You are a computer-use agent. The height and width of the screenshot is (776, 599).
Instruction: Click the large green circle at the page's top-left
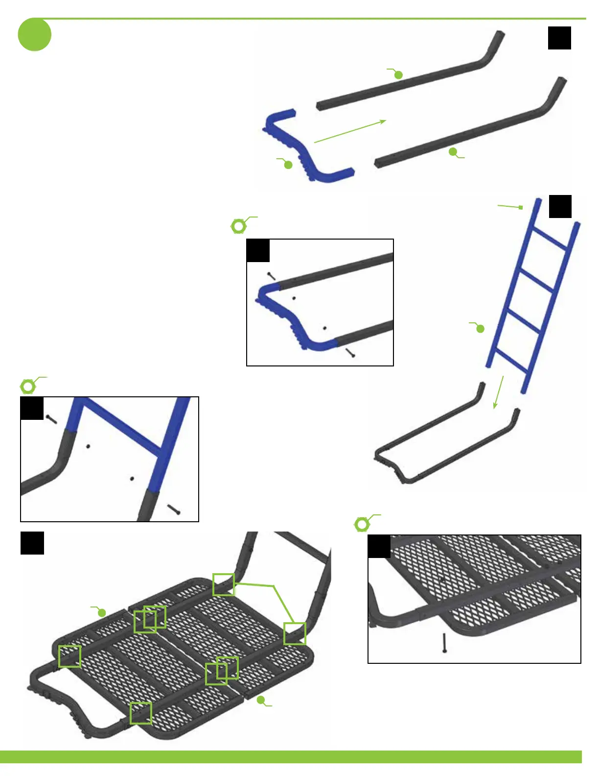34,34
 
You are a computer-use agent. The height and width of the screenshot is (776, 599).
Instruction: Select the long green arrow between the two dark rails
350,131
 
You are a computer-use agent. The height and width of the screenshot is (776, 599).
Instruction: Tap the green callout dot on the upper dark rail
398,75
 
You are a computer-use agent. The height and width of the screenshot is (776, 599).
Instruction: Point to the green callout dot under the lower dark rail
453,152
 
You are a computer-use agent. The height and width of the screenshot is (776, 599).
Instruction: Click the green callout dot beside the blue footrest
288,165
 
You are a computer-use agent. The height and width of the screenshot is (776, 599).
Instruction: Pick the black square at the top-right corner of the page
559,38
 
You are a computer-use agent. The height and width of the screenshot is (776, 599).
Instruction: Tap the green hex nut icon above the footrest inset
238,226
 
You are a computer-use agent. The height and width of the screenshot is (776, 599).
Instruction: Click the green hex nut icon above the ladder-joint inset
28,387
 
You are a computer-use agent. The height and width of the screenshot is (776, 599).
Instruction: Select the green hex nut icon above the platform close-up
362,525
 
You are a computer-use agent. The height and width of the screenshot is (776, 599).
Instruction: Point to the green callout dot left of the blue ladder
480,329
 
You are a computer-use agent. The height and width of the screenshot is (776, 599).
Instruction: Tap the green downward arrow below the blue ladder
498,392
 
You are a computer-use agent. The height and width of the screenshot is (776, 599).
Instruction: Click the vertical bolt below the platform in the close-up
444,643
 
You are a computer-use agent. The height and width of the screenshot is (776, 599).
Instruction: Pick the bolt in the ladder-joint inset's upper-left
51,419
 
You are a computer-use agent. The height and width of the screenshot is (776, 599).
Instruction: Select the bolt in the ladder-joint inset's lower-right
174,509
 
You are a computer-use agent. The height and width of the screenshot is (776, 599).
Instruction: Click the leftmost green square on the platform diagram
69,656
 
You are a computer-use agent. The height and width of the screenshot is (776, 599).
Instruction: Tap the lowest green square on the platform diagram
141,713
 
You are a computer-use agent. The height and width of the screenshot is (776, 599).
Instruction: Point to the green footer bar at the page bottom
291,756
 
